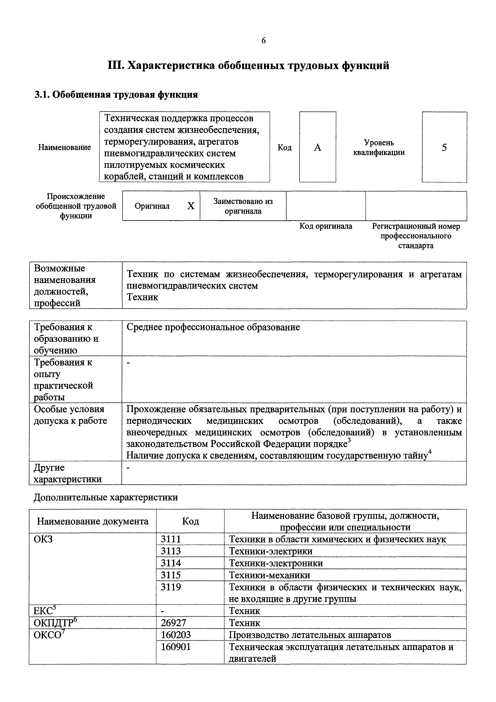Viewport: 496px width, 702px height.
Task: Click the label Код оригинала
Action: pos(326,226)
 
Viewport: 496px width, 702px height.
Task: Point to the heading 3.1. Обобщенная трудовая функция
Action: pos(116,94)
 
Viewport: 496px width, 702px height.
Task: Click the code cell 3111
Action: pos(171,539)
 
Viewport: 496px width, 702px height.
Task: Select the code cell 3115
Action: pos(171,575)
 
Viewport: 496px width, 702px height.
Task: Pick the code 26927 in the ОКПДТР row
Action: pos(173,623)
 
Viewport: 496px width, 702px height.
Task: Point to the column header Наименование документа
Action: pos(93,521)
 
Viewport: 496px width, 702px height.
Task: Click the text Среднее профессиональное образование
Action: pos(213,327)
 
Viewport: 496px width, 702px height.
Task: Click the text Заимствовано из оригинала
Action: pos(243,206)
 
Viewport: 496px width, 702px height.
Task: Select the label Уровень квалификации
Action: pos(379,147)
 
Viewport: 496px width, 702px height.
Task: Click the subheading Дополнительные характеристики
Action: pos(106,497)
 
